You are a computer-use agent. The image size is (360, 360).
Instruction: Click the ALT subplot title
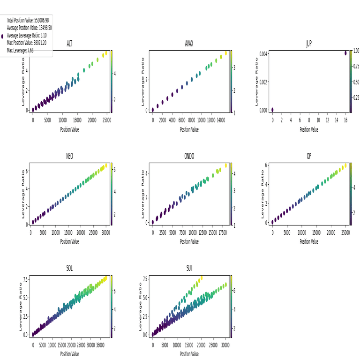click(69, 44)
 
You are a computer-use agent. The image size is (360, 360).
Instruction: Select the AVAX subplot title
click(189, 44)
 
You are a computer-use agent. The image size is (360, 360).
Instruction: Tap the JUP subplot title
click(309, 44)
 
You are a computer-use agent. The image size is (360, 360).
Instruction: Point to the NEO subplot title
click(69, 156)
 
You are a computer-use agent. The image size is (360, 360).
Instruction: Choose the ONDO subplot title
click(189, 156)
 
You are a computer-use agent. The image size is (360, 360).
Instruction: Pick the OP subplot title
click(309, 156)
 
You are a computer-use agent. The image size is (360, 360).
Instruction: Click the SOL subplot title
click(69, 269)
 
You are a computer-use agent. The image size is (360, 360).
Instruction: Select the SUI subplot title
click(189, 269)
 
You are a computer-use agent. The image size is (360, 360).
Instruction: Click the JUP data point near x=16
click(345, 53)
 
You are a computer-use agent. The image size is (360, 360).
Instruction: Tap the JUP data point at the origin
click(272, 110)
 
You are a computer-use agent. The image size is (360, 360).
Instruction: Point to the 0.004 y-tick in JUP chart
click(263, 54)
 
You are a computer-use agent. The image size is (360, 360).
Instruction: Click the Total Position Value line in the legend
click(28, 21)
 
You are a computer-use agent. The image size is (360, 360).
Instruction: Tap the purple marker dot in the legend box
click(2, 36)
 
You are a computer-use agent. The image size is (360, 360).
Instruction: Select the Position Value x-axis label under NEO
click(69, 242)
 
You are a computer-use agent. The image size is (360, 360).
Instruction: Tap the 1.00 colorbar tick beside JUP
click(356, 51)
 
